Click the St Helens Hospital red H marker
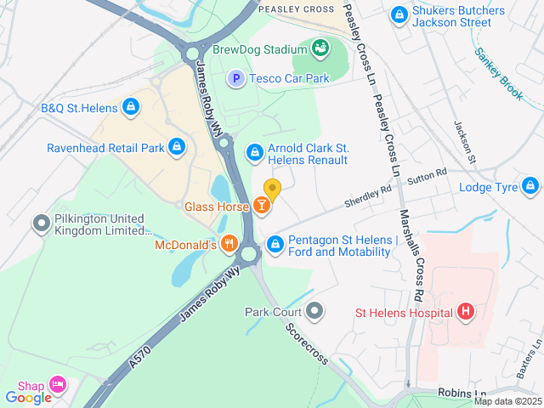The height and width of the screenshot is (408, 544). (x=465, y=312)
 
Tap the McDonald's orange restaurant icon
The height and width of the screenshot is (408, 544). (x=229, y=245)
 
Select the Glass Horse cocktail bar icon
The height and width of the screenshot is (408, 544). (x=263, y=206)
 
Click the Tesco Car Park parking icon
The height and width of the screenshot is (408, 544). (x=235, y=78)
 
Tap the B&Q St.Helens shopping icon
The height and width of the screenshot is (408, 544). (x=130, y=107)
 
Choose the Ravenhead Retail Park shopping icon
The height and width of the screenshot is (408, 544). (x=176, y=147)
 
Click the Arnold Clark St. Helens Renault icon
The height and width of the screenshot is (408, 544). (x=253, y=152)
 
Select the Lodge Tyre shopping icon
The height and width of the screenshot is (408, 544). (x=530, y=185)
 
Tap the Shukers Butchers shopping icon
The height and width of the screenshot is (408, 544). (x=398, y=14)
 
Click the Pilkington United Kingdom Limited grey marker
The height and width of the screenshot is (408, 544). (x=40, y=224)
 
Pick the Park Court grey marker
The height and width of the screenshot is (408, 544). (x=315, y=311)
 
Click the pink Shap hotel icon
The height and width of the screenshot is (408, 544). (x=57, y=385)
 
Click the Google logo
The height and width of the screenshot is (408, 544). (x=28, y=397)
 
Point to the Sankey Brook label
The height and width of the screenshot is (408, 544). (x=500, y=74)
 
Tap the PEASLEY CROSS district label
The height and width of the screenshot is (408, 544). (x=296, y=8)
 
